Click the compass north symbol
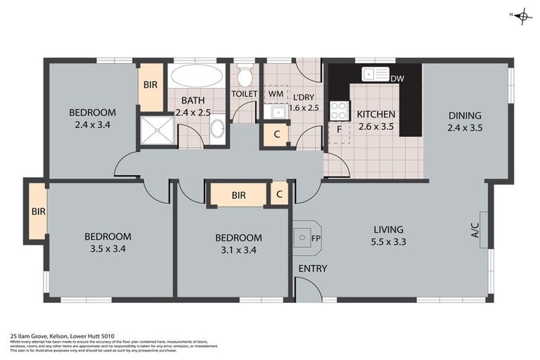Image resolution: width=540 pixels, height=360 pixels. pyautogui.click(x=521, y=15)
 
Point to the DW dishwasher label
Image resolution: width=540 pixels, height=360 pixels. pyautogui.click(x=397, y=79)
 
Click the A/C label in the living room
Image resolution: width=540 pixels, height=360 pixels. pyautogui.click(x=475, y=229)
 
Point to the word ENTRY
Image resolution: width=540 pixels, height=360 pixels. pyautogui.click(x=312, y=269)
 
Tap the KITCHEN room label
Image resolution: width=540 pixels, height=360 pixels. pyautogui.click(x=376, y=115)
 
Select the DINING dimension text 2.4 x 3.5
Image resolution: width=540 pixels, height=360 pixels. pyautogui.click(x=465, y=128)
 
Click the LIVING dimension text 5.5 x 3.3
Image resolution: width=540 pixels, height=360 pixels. pyautogui.click(x=388, y=242)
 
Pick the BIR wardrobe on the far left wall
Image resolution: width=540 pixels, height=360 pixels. pyautogui.click(x=37, y=211)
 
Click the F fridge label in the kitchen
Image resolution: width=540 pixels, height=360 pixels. pyautogui.click(x=339, y=129)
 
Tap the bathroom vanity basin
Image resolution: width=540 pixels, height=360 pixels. pyautogui.click(x=217, y=129)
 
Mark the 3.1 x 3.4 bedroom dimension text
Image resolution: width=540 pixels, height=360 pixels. pyautogui.click(x=238, y=250)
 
